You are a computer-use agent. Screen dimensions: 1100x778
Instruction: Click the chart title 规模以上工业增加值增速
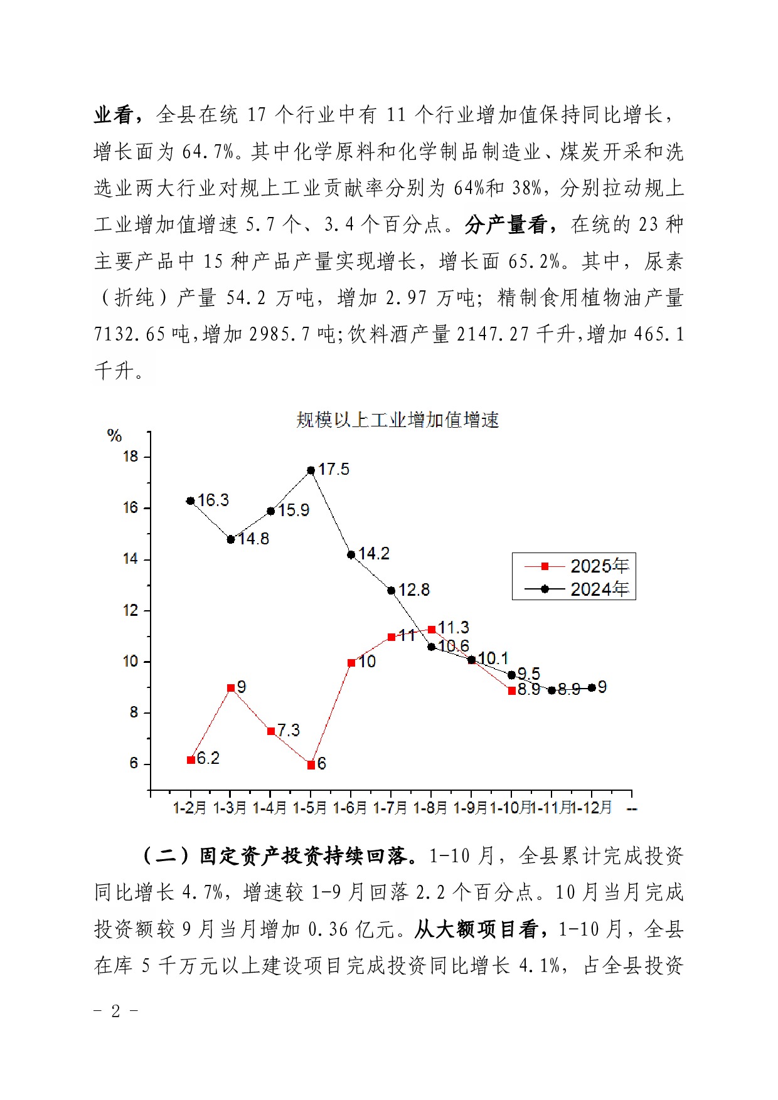pos(398,420)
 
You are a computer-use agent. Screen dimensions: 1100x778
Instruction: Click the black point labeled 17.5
pos(311,470)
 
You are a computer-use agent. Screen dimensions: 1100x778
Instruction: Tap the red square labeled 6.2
pos(191,760)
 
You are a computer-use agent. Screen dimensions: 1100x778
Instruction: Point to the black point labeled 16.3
pos(191,501)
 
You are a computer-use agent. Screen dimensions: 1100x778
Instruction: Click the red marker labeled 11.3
pos(432,630)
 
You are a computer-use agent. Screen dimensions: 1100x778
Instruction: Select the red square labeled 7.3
pos(271,731)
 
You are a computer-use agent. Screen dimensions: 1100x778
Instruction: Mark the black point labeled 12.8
pos(392,591)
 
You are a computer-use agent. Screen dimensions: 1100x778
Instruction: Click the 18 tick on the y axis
pos(131,457)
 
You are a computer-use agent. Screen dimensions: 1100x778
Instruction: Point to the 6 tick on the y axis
pos(134,764)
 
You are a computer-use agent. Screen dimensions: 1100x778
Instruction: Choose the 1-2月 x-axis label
pos(189,808)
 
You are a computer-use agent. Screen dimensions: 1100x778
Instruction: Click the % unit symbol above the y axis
pos(114,435)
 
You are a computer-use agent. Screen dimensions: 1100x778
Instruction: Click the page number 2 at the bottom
pos(115,1011)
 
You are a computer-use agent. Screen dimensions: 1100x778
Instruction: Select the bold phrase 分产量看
pos(506,225)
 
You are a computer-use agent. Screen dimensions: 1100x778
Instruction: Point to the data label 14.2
pos(374,553)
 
